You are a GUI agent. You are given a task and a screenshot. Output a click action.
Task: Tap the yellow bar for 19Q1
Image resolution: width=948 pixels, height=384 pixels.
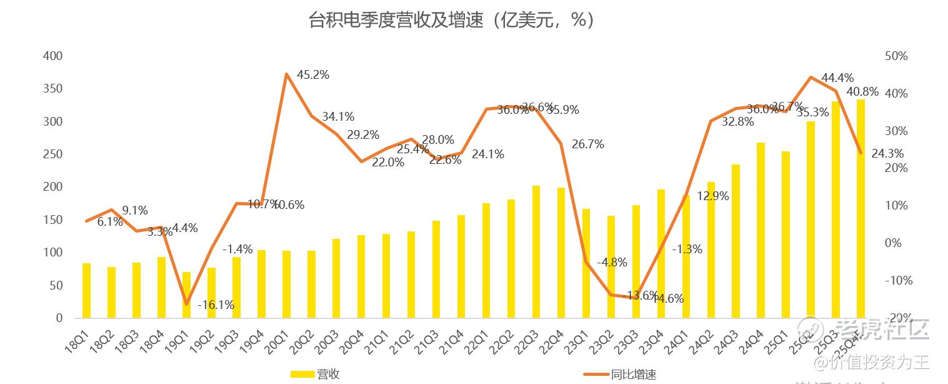(x=186, y=295)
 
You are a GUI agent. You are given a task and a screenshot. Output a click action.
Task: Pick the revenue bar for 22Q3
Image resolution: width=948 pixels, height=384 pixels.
(x=536, y=251)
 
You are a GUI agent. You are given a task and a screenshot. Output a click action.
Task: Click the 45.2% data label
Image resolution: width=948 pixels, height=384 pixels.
(x=312, y=75)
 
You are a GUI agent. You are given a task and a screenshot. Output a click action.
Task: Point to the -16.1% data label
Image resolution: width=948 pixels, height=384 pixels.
(x=216, y=305)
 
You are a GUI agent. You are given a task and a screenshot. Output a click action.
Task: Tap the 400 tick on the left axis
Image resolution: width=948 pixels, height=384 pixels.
(x=52, y=56)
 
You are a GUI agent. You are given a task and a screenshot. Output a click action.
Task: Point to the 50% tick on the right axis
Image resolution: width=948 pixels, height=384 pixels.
(x=896, y=56)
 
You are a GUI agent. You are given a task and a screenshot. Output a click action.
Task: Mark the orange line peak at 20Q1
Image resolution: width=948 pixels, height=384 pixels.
(x=286, y=74)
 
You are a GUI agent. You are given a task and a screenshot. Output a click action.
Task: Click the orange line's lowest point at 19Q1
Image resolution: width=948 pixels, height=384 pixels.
(x=186, y=304)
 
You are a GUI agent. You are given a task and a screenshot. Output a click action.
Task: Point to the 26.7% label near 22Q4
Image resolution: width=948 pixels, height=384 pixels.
(x=587, y=144)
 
